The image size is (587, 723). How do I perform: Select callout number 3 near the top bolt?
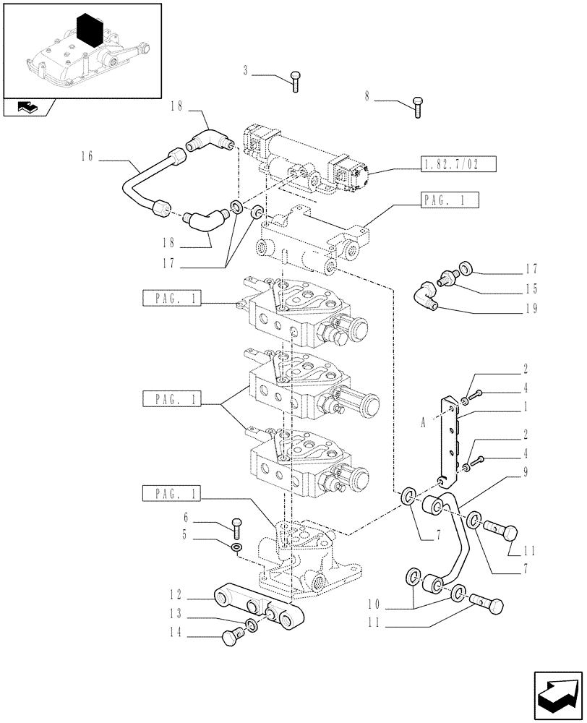pos(246,70)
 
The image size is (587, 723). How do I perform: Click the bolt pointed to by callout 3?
pos(295,81)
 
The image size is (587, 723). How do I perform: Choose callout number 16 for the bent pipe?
pos(87,156)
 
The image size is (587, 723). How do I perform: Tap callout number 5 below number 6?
pos(187,536)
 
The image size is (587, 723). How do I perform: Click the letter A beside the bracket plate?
pos(421,425)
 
